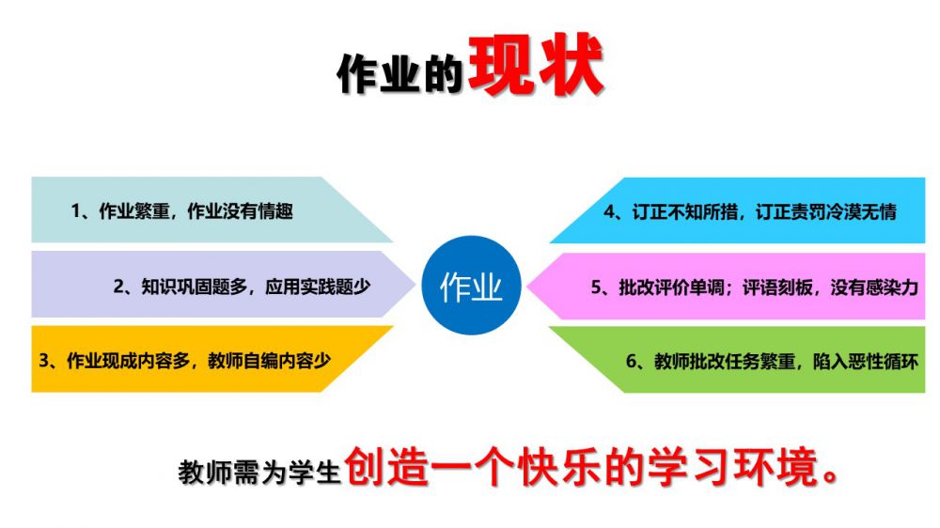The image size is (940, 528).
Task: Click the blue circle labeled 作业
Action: coord(471,286)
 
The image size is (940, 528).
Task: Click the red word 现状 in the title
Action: coord(536,66)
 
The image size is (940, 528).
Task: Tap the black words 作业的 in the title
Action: coord(399,74)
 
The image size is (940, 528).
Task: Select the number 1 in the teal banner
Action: coord(75,211)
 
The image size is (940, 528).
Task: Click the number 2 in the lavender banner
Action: coord(118,287)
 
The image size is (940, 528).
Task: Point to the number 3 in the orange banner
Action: coord(44,361)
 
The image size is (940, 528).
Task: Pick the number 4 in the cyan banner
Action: coord(609,211)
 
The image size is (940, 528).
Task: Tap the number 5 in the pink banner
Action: coord(596,287)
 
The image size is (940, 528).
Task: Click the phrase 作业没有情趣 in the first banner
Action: coord(240,211)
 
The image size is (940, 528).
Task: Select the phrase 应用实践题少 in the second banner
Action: coord(318,287)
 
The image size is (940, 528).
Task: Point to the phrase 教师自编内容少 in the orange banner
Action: coord(269,361)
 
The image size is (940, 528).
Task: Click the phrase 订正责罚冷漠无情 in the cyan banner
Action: coord(826,211)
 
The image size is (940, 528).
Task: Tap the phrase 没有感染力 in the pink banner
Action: coord(874,287)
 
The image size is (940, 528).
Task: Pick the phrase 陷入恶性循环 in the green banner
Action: coord(866,362)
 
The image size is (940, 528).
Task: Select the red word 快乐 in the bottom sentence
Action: coord(559,467)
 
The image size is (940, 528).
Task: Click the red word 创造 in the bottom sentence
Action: coord(386,467)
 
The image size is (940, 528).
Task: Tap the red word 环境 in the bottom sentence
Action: coord(776,467)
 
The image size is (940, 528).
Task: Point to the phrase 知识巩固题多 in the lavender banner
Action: coord(195,287)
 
